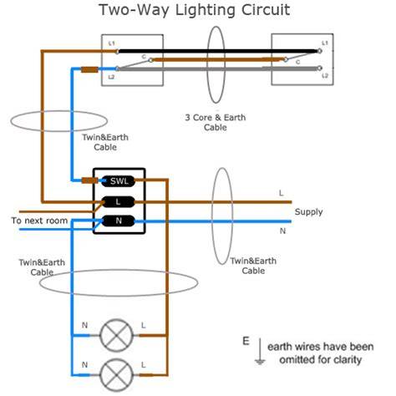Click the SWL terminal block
(119, 181)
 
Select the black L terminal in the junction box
(119, 202)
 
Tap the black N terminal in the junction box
(119, 221)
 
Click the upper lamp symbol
(116, 335)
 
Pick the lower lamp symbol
(116, 375)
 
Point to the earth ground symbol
(260, 352)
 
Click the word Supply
(308, 212)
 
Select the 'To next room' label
(39, 221)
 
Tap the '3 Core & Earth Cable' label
(216, 122)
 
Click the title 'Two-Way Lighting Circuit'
(195, 10)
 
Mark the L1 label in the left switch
(111, 43)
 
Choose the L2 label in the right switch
(325, 76)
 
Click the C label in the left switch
(144, 57)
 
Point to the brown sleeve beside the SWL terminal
(89, 180)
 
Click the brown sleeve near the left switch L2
(89, 69)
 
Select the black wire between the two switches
(217, 51)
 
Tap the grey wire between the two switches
(218, 69)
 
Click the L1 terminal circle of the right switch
(320, 51)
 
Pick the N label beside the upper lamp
(84, 325)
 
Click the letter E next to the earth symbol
(246, 341)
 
